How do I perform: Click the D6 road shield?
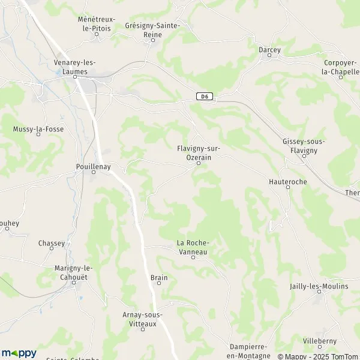pyautogui.click(x=205, y=96)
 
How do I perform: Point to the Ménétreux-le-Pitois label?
pyautogui.click(x=97, y=23)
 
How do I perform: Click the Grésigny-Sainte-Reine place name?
pyautogui.click(x=151, y=31)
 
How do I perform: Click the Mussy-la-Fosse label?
pyautogui.click(x=38, y=129)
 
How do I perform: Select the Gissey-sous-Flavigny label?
pyautogui.click(x=304, y=145)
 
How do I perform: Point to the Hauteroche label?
pyautogui.click(x=287, y=180)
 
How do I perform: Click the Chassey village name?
pyautogui.click(x=52, y=243)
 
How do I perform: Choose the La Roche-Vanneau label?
pyautogui.click(x=192, y=247)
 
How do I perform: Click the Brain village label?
pyautogui.click(x=159, y=278)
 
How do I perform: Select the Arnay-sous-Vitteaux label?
pyautogui.click(x=142, y=319)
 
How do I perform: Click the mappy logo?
pyautogui.click(x=19, y=353)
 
